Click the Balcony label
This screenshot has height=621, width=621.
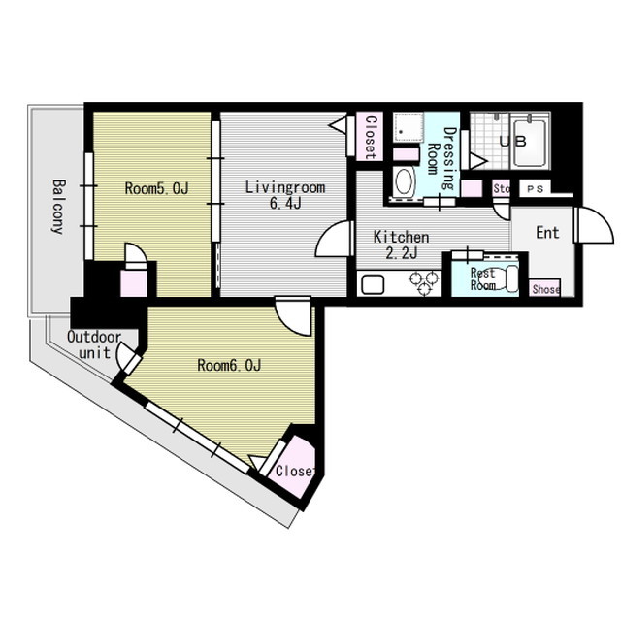coord(58,207)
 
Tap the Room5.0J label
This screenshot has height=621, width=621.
coord(156,188)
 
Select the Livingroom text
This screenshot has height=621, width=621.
coord(285,187)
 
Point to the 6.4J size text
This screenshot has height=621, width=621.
coord(285,204)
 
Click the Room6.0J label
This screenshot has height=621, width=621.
coord(229,365)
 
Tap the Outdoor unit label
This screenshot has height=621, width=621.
coord(94,344)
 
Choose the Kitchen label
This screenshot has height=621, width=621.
coord(401,237)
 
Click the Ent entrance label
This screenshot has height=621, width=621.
coord(547,233)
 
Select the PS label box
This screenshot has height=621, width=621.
coord(535,189)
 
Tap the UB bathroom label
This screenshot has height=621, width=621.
coord(513,142)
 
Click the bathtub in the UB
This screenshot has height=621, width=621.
coord(530,143)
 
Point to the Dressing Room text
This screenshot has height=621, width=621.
coord(442,157)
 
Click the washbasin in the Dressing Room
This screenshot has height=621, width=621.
coord(404,182)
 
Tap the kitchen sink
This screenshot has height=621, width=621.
coord(373,284)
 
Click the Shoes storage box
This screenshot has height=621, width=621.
coord(544,289)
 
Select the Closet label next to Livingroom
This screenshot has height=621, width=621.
coord(370,137)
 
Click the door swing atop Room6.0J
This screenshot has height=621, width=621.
coord(293,315)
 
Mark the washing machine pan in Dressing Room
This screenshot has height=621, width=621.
coord(408,127)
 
